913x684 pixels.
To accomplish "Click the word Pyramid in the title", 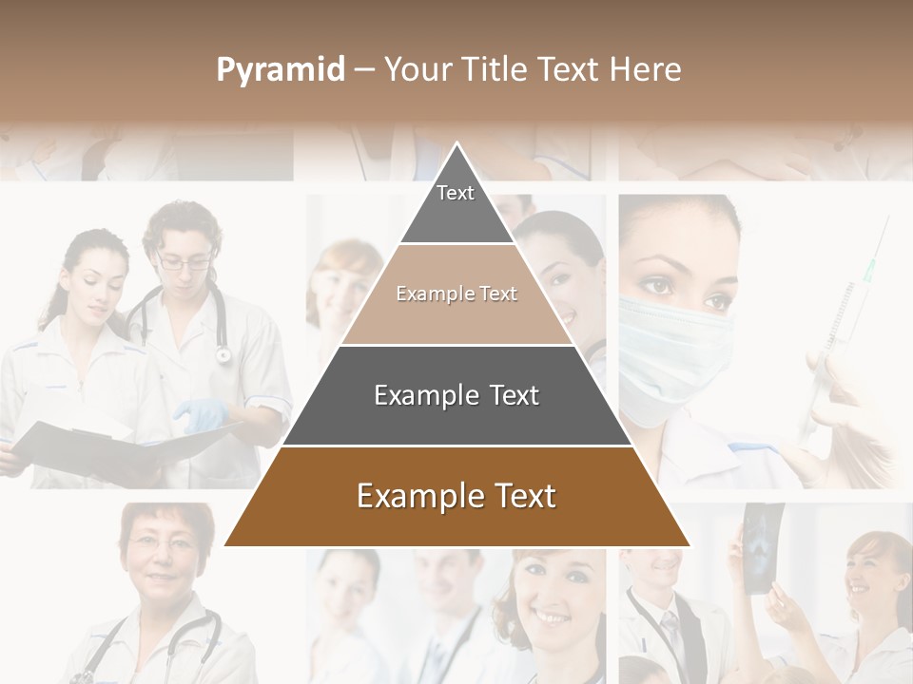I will (x=280, y=70).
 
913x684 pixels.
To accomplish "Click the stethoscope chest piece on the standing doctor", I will (x=223, y=354).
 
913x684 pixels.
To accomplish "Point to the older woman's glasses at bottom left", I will (x=164, y=541).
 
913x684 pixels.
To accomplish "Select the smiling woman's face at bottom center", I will (x=547, y=594).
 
